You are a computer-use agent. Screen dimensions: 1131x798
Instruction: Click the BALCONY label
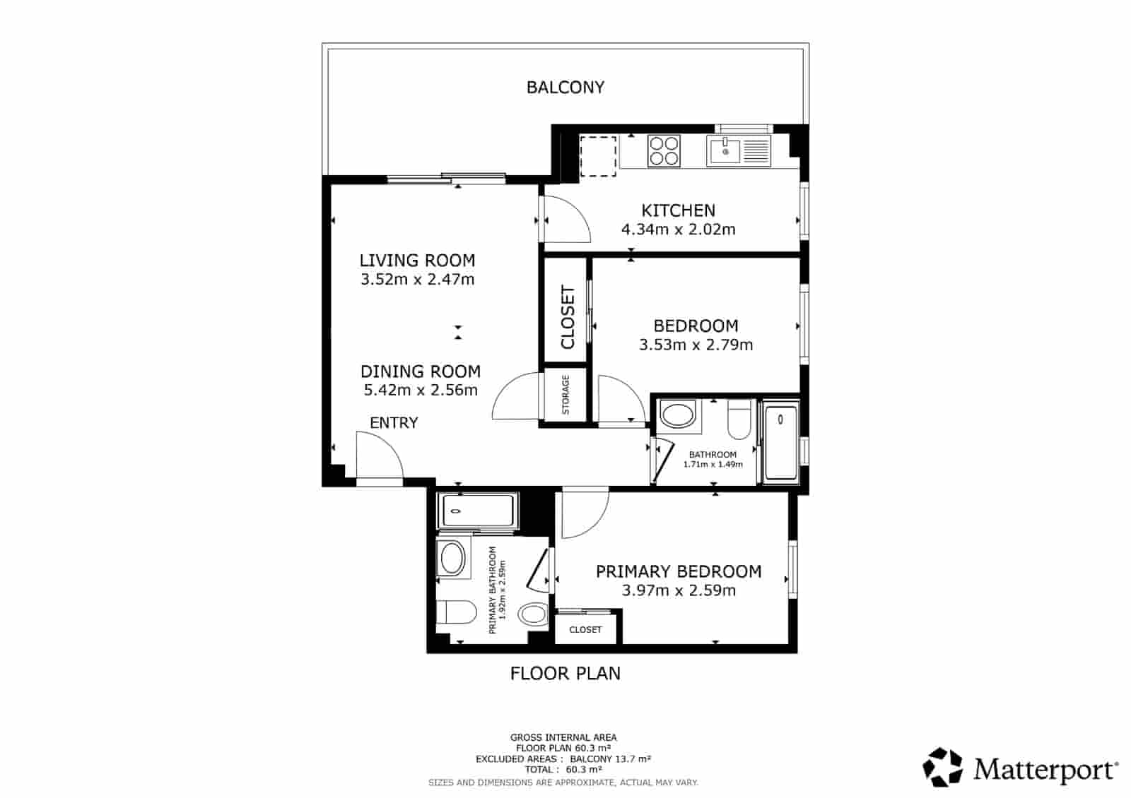tap(565, 88)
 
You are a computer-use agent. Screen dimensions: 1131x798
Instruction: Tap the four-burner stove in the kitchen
tap(664, 151)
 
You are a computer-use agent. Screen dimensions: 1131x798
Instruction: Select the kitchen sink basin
tap(725, 150)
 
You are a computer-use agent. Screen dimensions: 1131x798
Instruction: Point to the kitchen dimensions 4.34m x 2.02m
tap(678, 230)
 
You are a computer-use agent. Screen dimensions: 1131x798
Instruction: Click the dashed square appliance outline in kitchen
tap(598, 156)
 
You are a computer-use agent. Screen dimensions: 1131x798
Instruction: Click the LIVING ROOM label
tap(417, 261)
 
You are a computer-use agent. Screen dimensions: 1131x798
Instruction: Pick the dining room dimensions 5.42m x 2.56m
tap(421, 390)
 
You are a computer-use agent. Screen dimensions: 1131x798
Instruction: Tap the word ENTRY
tap(394, 423)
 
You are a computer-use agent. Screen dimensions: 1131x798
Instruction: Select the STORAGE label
tap(565, 395)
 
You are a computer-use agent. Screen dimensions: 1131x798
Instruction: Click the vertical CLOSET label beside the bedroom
tap(568, 317)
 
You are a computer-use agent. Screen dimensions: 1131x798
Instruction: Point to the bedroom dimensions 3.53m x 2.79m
tap(696, 345)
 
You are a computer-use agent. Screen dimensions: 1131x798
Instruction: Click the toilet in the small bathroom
tap(739, 419)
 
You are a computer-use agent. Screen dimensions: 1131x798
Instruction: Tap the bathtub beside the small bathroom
tap(780, 442)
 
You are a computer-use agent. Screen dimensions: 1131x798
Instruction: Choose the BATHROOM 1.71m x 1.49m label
tap(713, 460)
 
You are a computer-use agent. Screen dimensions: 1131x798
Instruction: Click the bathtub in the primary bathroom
tap(478, 511)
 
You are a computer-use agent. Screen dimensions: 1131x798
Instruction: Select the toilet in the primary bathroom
tap(456, 612)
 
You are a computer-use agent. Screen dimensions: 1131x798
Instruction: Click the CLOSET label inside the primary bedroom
tap(585, 629)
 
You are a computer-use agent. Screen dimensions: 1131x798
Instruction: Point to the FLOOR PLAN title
tap(565, 674)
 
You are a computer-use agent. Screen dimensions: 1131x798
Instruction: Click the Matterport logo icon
tap(943, 767)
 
